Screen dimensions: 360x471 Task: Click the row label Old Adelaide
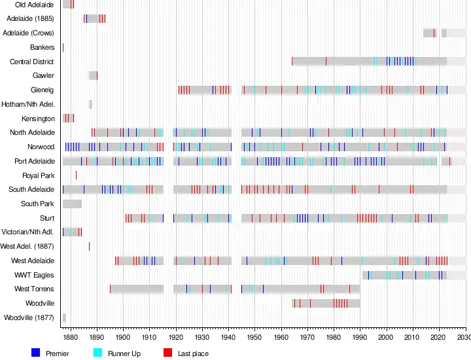pyautogui.click(x=35, y=5)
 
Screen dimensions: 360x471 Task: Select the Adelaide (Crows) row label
pyautogui.click(x=29, y=33)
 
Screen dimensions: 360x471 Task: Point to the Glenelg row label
pyautogui.click(x=43, y=90)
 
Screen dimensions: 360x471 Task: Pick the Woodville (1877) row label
pyautogui.click(x=29, y=317)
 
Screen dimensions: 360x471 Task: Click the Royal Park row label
pyautogui.click(x=39, y=175)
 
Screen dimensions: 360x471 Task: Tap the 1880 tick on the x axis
pyautogui.click(x=71, y=337)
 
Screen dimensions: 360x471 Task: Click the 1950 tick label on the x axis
pyautogui.click(x=255, y=337)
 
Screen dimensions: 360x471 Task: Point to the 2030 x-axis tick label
pyautogui.click(x=464, y=337)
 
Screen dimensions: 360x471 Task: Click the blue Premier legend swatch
pyautogui.click(x=36, y=353)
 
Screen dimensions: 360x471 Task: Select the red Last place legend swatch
pyautogui.click(x=167, y=353)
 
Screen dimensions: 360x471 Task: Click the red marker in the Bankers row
pyautogui.click(x=63, y=47)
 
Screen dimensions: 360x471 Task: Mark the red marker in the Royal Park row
pyautogui.click(x=76, y=175)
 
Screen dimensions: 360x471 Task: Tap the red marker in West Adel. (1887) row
pyautogui.click(x=89, y=246)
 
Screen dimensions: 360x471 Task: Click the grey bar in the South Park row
pyautogui.click(x=72, y=204)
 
